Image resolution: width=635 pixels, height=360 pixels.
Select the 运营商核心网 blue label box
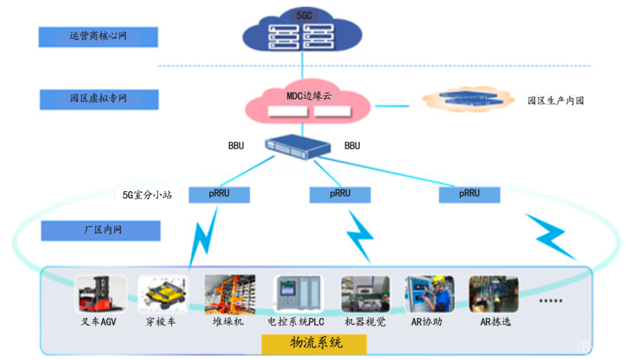(98, 36)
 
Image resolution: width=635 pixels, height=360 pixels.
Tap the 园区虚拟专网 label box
(99, 99)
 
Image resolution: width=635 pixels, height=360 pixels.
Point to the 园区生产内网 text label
(555, 101)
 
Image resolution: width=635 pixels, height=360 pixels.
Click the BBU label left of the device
(236, 145)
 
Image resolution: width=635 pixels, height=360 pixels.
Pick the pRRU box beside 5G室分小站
(219, 194)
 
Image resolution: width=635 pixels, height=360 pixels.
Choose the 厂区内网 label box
(101, 230)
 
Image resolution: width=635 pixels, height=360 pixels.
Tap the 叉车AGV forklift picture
(101, 294)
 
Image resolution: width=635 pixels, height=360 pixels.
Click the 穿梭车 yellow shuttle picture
(163, 294)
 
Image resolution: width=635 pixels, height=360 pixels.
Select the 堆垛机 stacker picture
(229, 294)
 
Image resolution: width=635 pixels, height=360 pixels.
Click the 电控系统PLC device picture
(298, 294)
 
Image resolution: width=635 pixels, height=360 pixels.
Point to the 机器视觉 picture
(365, 294)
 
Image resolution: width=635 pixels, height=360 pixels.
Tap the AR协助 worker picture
(429, 294)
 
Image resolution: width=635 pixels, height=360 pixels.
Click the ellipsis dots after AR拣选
(551, 301)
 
